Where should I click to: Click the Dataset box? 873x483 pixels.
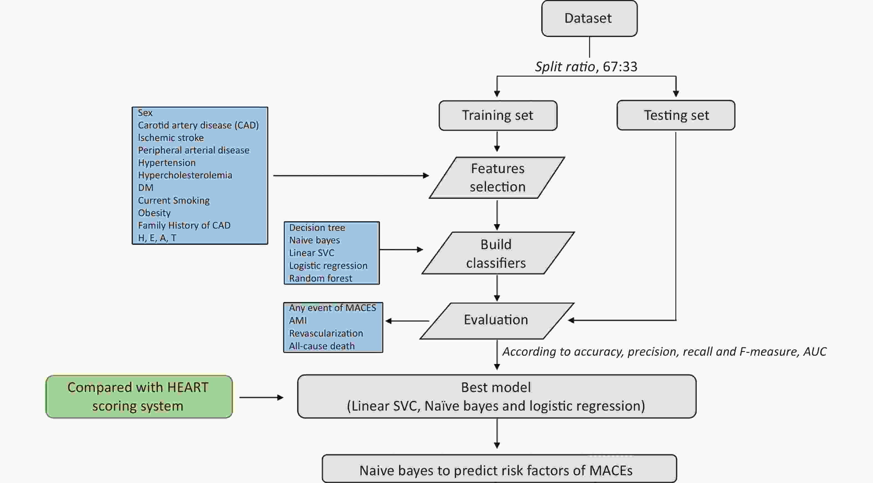tap(589, 18)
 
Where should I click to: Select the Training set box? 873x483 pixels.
tap(498, 115)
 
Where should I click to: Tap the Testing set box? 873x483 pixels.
tap(676, 115)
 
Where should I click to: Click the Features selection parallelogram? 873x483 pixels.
tap(497, 177)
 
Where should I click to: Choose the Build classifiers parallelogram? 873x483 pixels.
tap(498, 253)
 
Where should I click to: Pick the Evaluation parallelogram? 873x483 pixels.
tap(497, 320)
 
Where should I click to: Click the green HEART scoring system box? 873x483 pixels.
tap(139, 396)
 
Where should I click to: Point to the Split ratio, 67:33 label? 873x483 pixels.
tap(586, 67)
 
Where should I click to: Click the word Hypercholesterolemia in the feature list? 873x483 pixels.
tap(185, 175)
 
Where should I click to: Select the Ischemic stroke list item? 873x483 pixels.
tap(171, 138)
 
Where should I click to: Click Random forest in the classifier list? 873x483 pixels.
tap(321, 278)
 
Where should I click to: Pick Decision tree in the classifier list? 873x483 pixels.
tap(317, 227)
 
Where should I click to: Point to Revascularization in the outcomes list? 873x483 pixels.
tap(326, 333)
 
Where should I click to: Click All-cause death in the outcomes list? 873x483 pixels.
tap(321, 346)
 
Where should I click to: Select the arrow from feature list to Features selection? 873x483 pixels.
tap(351, 175)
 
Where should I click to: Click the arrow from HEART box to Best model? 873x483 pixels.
tap(261, 397)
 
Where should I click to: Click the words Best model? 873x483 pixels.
tap(496, 387)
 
